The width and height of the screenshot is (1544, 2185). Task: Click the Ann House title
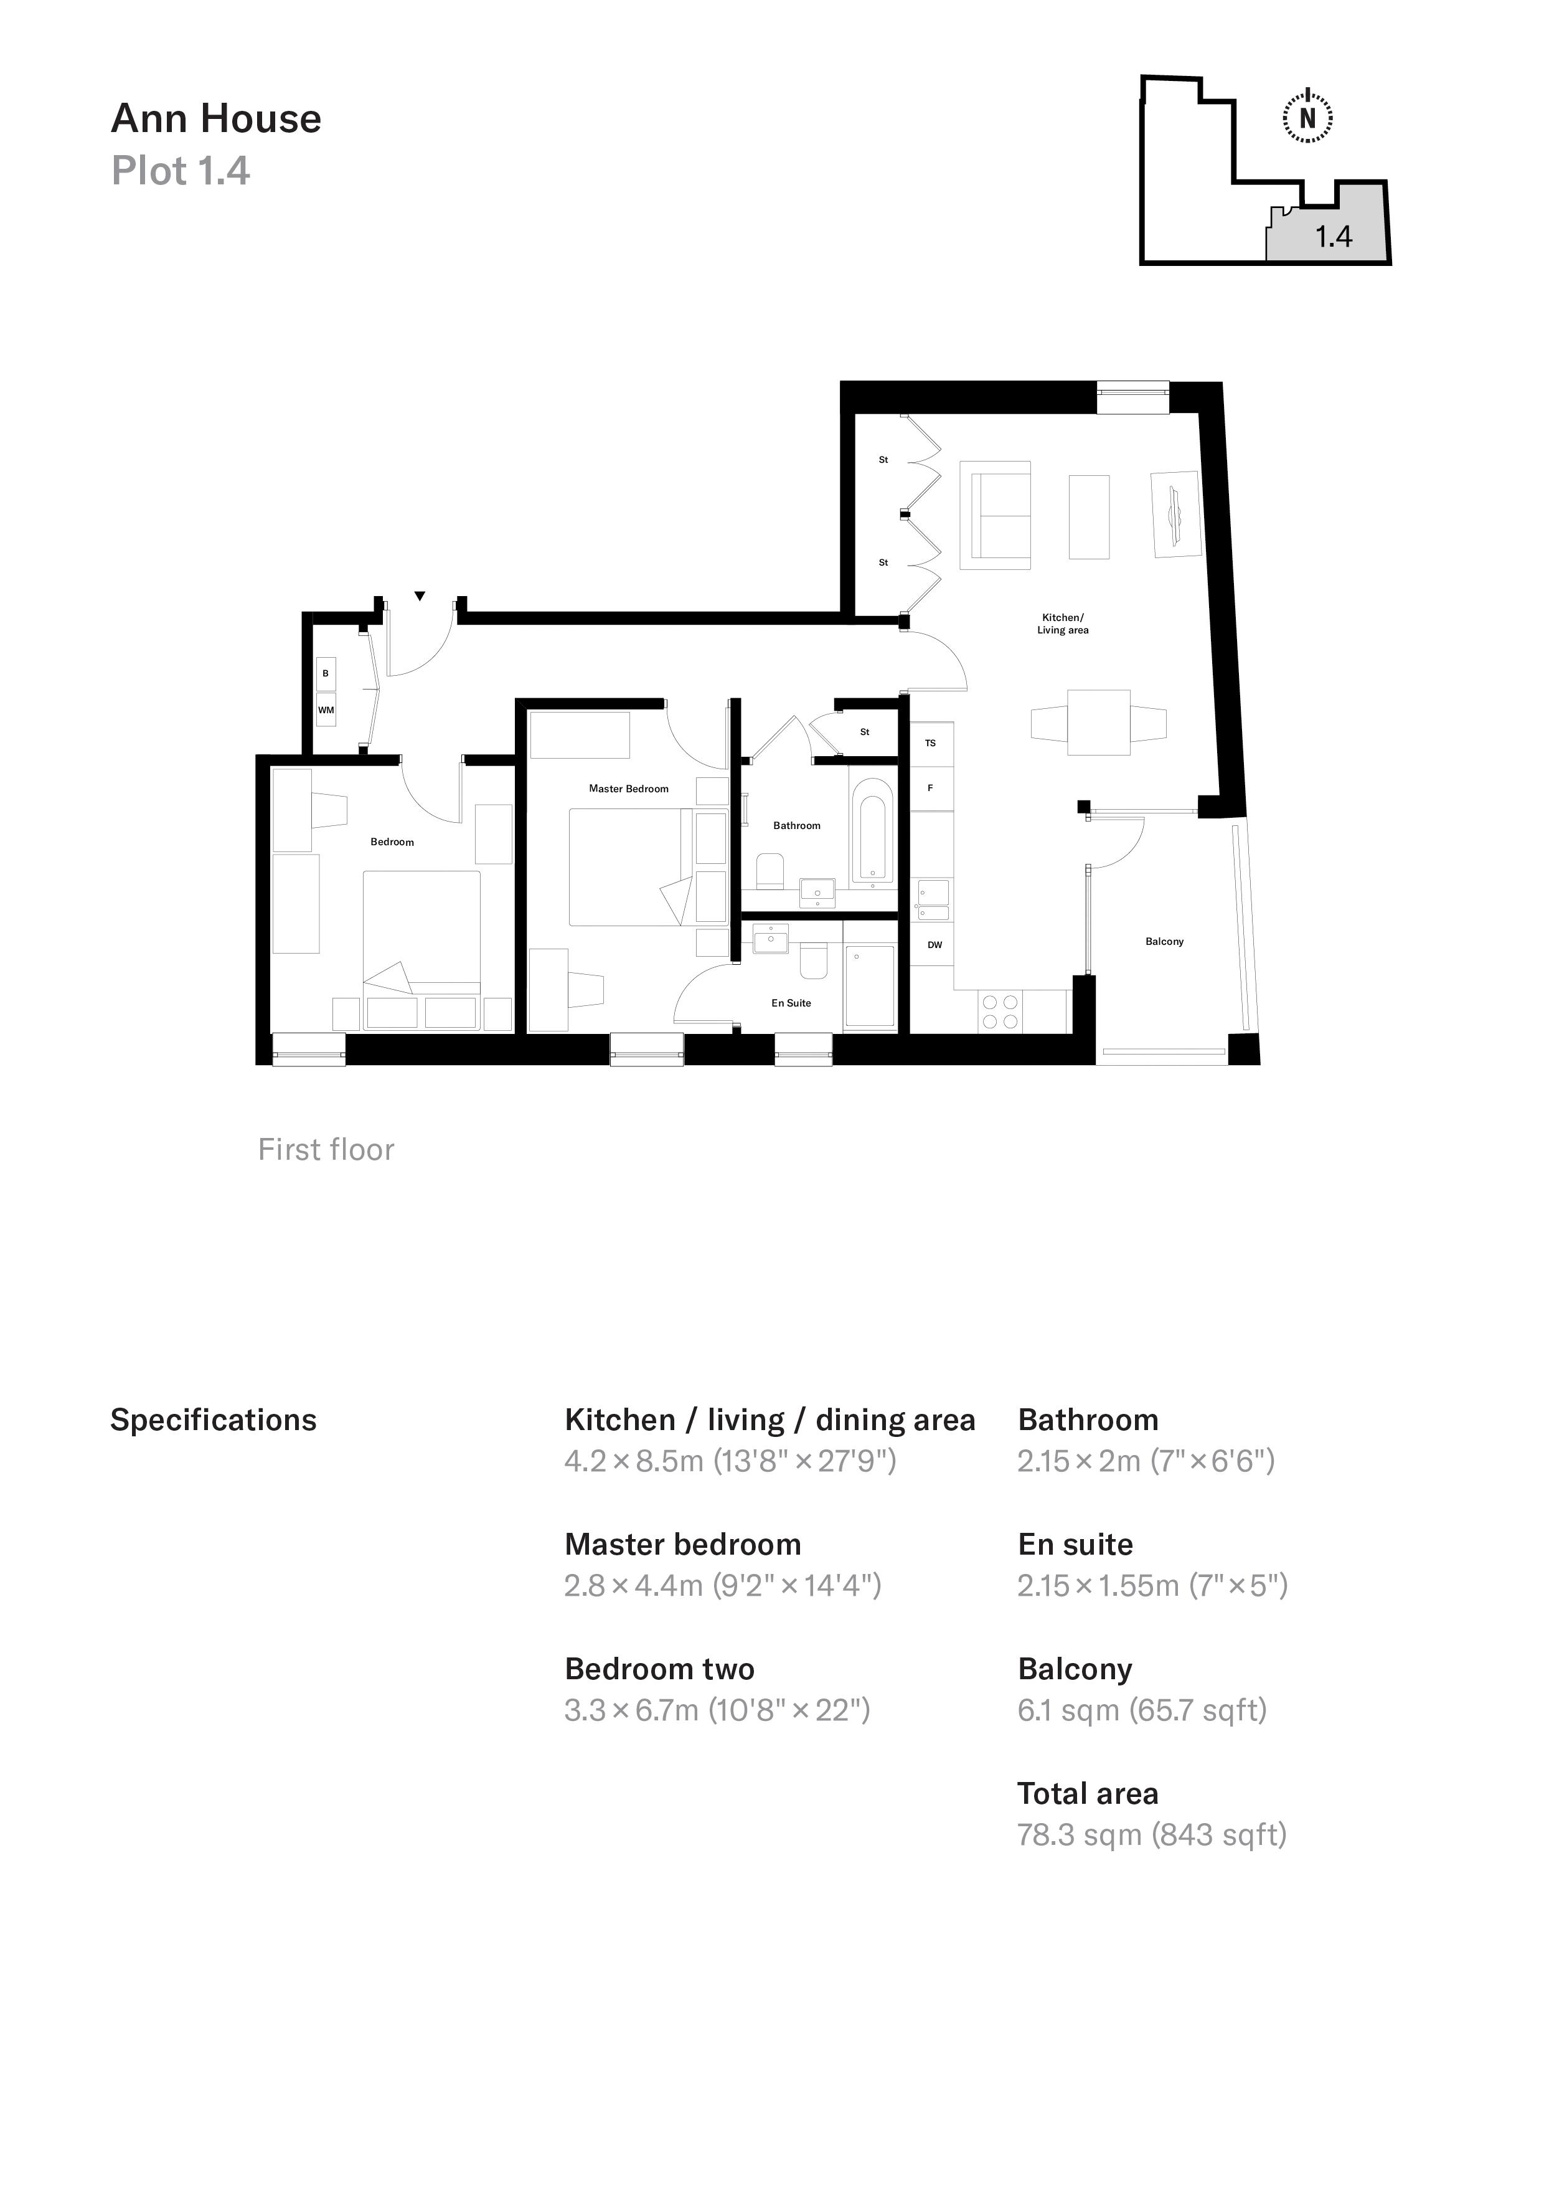pyautogui.click(x=216, y=119)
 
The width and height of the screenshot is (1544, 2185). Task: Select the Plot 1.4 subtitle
pyautogui.click(x=181, y=171)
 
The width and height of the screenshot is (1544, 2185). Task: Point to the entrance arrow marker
pyautogui.click(x=420, y=597)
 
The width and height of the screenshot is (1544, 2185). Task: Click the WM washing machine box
pyautogui.click(x=326, y=710)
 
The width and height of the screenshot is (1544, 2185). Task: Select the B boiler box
pyautogui.click(x=326, y=673)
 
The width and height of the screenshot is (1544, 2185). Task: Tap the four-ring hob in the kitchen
pyautogui.click(x=1000, y=1012)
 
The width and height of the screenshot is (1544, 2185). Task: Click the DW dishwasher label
pyautogui.click(x=934, y=945)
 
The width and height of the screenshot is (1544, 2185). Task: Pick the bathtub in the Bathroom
pyautogui.click(x=872, y=830)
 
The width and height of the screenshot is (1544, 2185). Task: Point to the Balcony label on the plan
pyautogui.click(x=1164, y=941)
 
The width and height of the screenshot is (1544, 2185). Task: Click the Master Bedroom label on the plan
pyautogui.click(x=628, y=789)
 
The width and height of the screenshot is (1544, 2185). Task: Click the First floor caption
pyautogui.click(x=326, y=1150)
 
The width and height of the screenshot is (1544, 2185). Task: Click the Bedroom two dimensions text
pyautogui.click(x=717, y=1710)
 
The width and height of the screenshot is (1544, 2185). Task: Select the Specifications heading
pyautogui.click(x=213, y=1420)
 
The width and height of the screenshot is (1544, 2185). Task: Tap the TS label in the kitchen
pyautogui.click(x=930, y=743)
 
